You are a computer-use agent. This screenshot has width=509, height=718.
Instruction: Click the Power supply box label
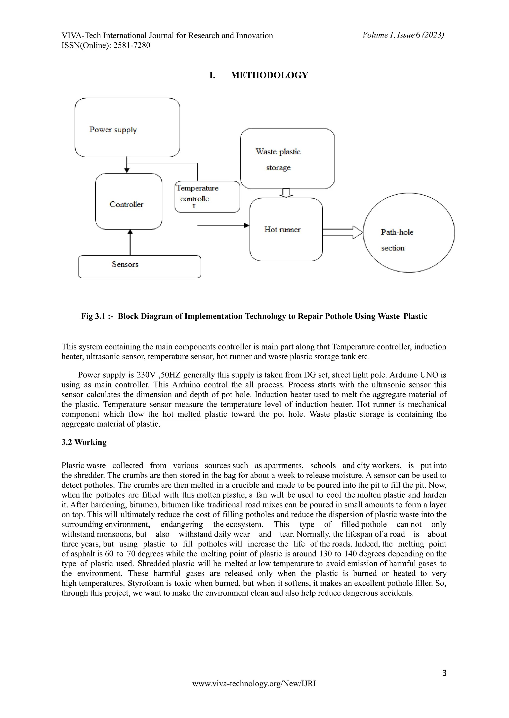point(113,130)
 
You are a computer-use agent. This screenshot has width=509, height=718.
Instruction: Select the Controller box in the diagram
point(128,201)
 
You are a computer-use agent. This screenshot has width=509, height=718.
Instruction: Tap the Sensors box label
point(125,265)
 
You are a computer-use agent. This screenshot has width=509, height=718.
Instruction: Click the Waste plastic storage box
point(287,158)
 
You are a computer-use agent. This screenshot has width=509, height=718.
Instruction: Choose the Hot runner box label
point(282,229)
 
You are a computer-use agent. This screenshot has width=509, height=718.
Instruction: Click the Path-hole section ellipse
point(408,233)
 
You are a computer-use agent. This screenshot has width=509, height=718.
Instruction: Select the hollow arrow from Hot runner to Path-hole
point(342,233)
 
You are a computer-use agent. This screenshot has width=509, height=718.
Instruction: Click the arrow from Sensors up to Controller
point(130,242)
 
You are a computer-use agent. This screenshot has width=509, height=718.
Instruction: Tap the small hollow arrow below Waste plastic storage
point(286,193)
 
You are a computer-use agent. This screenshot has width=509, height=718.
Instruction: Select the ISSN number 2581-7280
point(132,45)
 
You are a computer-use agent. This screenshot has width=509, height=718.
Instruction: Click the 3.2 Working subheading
point(84,442)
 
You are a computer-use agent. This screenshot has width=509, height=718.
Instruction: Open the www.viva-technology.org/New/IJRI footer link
point(254,683)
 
